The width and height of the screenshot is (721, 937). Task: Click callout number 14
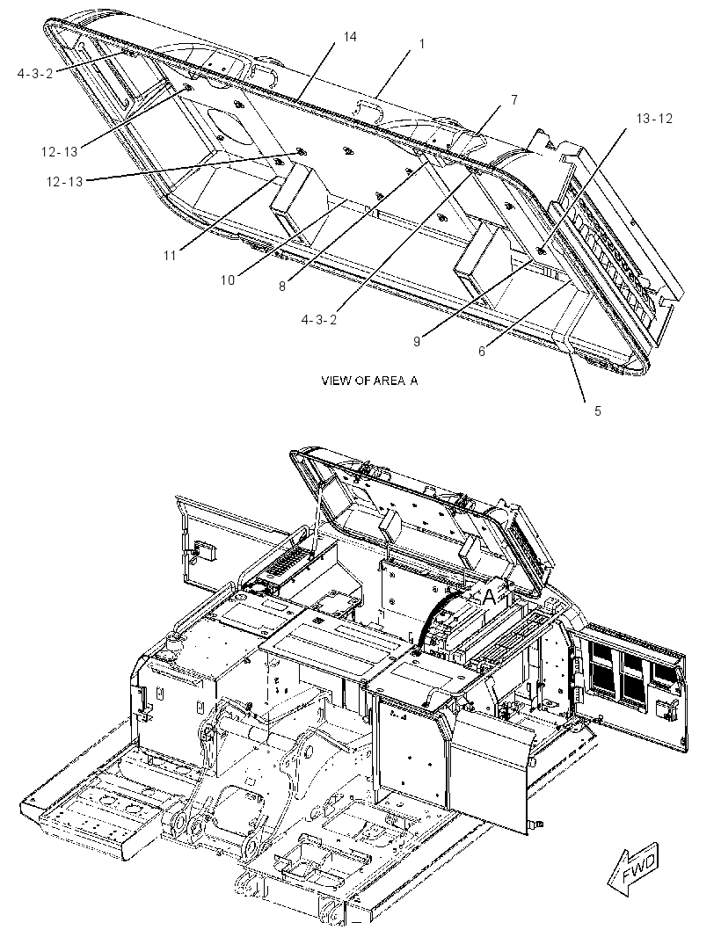point(350,37)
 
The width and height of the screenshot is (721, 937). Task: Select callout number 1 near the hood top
point(422,44)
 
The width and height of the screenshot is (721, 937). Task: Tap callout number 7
point(514,100)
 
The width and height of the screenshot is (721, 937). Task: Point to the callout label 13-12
point(654,119)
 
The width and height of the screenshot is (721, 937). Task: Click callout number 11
point(170,256)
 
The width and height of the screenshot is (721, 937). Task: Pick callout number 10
point(227,280)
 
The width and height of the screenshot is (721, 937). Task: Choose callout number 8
point(282,287)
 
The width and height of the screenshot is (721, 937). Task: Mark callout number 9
point(417,342)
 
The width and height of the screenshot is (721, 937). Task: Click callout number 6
point(482,352)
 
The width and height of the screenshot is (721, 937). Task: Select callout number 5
point(597,411)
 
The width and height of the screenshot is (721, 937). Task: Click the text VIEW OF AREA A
point(369,381)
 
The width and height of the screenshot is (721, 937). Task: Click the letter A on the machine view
point(489,595)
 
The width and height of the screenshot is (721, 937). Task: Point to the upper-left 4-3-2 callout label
point(35,74)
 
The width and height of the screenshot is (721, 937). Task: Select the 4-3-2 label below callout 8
point(319,320)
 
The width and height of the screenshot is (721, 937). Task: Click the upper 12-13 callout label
point(60,152)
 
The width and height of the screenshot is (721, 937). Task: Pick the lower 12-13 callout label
point(64,181)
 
